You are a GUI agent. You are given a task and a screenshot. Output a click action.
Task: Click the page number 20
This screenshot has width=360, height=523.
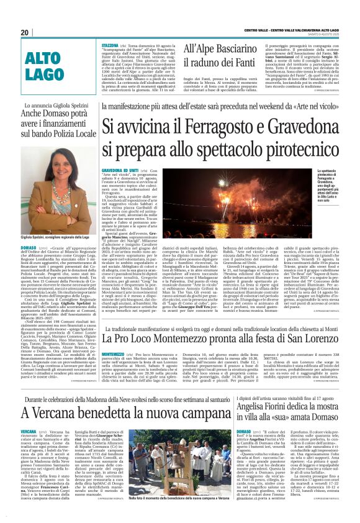[x=25, y=32]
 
